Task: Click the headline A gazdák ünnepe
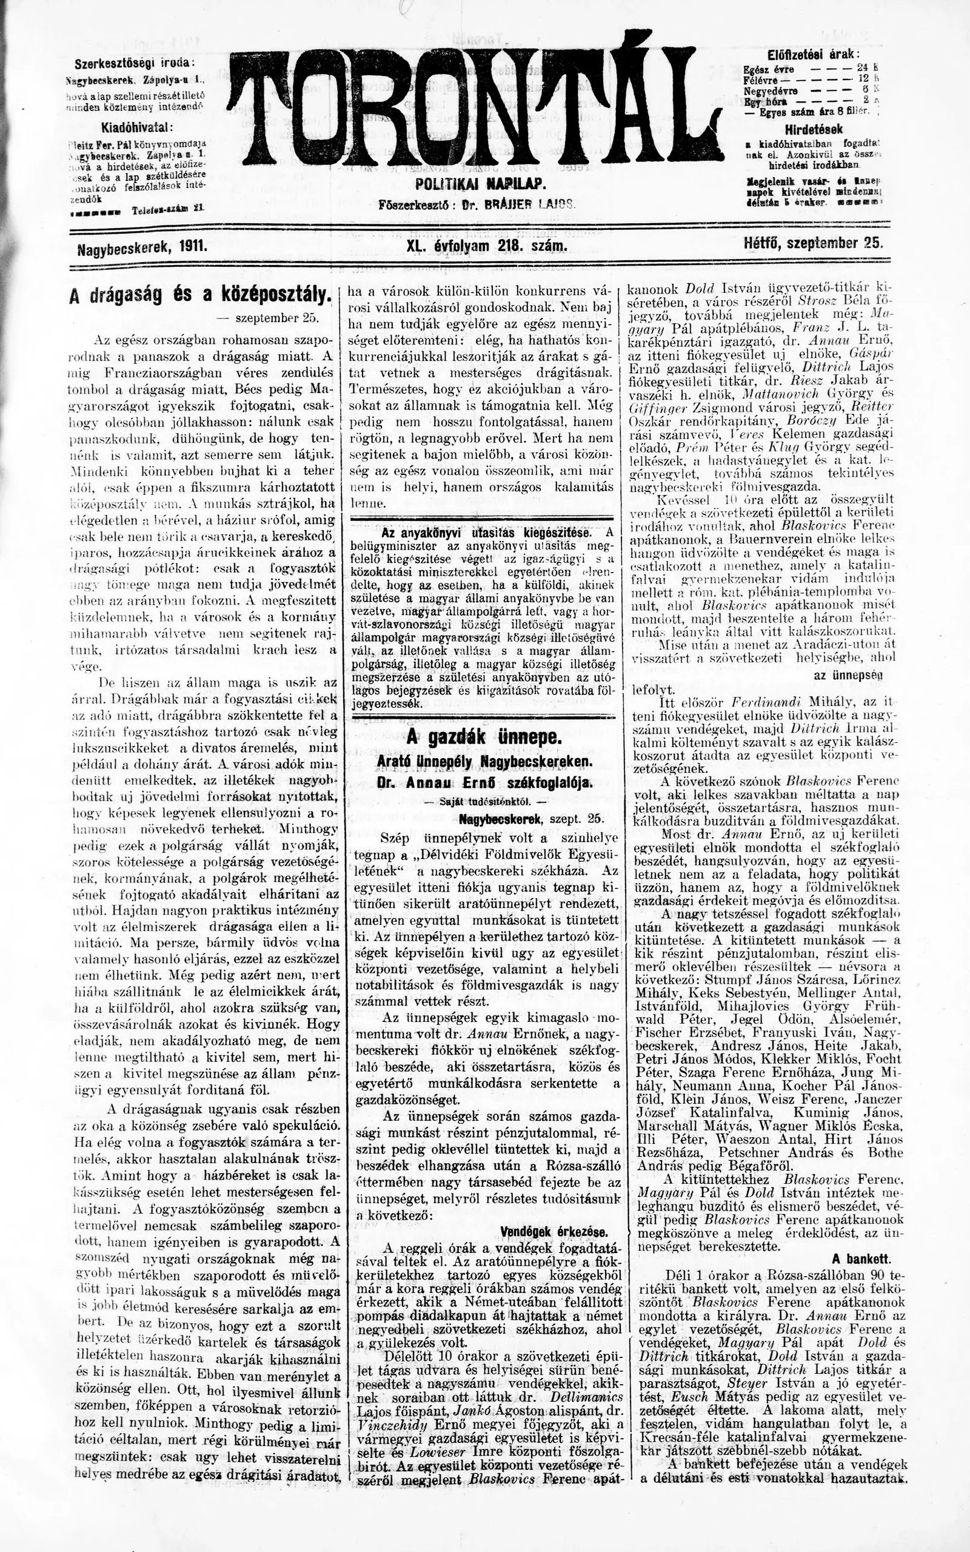(484, 738)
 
